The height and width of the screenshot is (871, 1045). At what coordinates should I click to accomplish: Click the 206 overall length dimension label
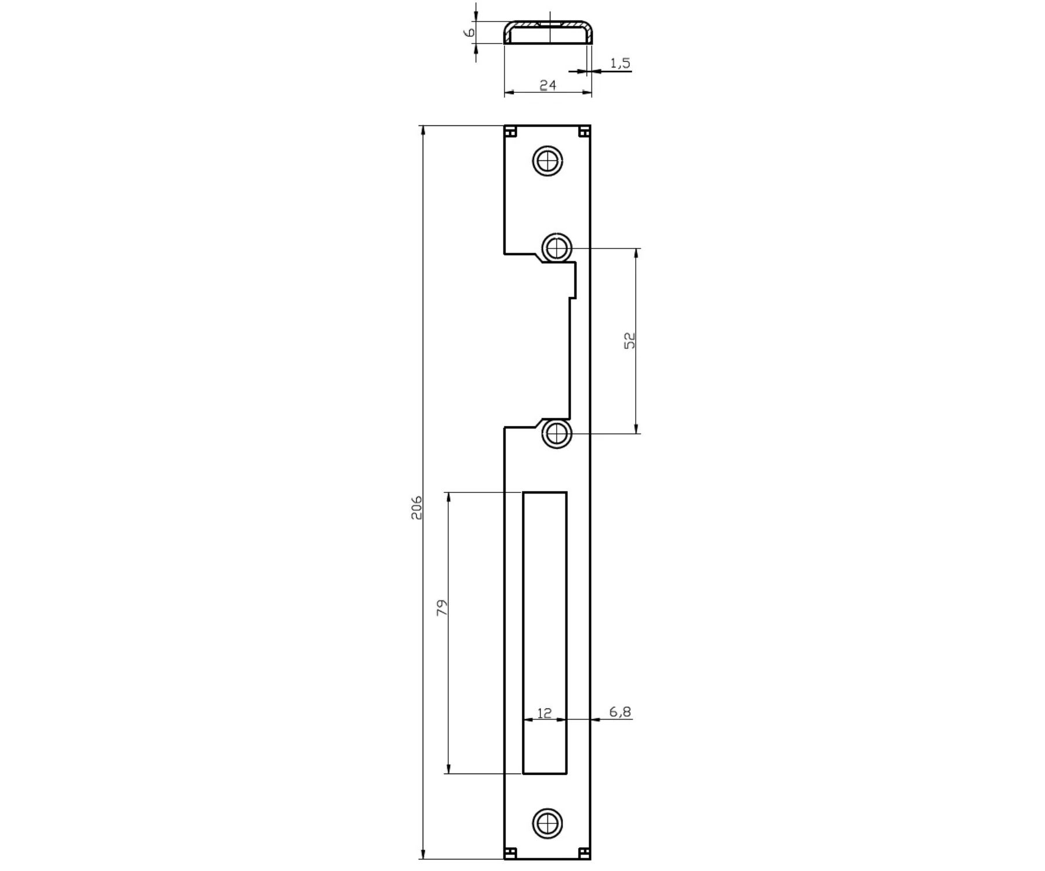417,508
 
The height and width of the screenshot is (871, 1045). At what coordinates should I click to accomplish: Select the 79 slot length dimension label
442,607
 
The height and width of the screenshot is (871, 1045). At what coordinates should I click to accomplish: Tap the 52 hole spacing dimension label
629,340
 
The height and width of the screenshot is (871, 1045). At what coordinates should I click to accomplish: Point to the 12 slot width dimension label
544,712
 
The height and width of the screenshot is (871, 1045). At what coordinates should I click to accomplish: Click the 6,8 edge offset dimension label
620,712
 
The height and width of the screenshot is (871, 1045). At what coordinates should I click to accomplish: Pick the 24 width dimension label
547,85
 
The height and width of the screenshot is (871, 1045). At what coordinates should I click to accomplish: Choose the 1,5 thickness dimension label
620,63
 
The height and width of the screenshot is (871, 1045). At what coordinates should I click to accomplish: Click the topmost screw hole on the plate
547,161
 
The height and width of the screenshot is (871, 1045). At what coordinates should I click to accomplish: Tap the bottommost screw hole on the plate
547,823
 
